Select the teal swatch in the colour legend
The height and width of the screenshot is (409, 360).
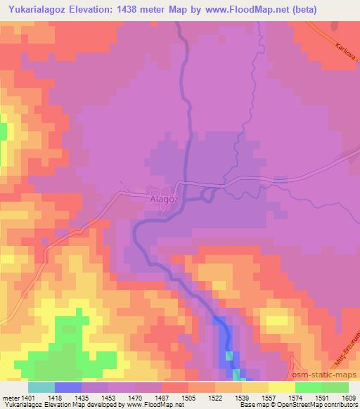point(41,387)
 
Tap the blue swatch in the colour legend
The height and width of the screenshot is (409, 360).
point(68,387)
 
